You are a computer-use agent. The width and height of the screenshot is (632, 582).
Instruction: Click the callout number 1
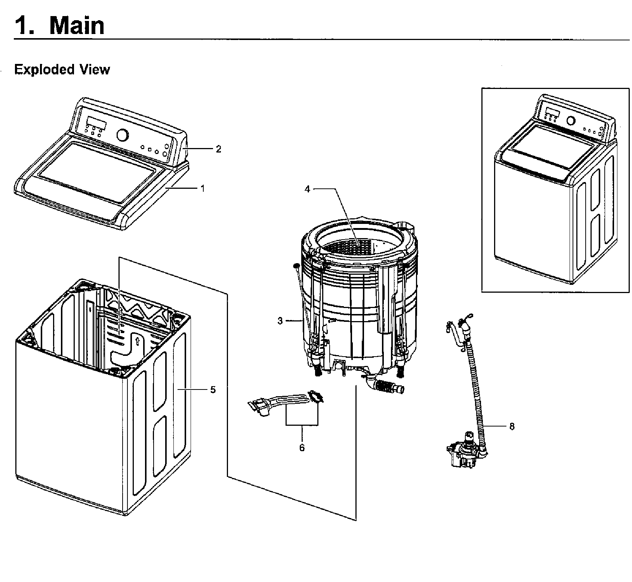(x=203, y=189)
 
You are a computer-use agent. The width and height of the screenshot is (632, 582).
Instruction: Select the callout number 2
(x=219, y=149)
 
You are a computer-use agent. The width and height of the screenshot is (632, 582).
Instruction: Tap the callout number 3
(x=280, y=321)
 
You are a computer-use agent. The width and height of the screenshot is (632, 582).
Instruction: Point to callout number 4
(x=307, y=189)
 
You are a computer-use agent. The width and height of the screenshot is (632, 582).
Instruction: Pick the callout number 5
(x=213, y=389)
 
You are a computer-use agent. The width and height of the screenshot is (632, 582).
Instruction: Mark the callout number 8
(x=512, y=426)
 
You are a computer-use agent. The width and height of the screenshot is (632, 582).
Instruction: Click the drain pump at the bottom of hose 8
(x=465, y=452)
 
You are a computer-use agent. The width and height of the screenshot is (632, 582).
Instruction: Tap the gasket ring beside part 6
(x=316, y=397)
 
